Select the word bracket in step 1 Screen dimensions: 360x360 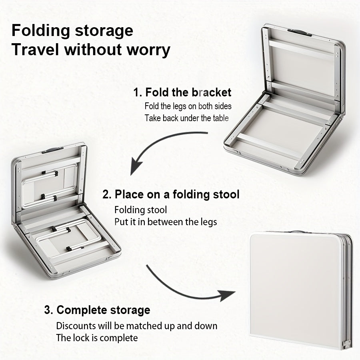tap(212, 92)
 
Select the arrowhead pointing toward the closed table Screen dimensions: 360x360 tap(227, 295)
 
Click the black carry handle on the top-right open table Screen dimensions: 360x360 tap(299, 32)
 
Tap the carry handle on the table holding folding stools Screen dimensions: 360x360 tap(52, 150)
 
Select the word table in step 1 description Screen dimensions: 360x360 tap(221, 118)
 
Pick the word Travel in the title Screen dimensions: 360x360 tap(36, 50)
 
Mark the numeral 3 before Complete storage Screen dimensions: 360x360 tap(47, 310)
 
